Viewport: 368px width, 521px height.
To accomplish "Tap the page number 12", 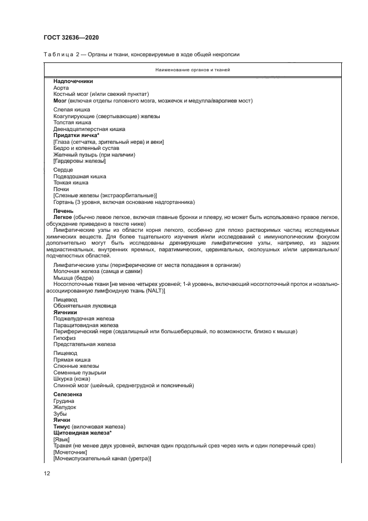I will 47,474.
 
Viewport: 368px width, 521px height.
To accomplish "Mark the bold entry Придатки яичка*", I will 76,136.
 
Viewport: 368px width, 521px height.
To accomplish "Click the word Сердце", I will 63,169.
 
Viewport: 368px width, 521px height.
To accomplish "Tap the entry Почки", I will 61,189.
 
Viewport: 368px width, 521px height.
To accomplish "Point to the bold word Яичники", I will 65,313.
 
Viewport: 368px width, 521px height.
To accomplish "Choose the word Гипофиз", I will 65,338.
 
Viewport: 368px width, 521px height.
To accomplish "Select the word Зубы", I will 60,413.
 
